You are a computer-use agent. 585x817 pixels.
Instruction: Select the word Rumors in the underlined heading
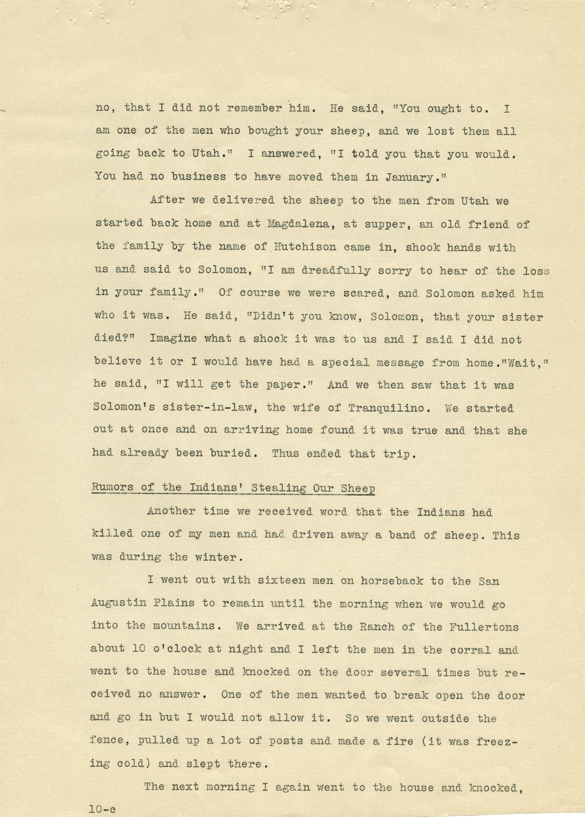point(112,488)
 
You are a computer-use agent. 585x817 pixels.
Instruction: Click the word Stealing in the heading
point(279,488)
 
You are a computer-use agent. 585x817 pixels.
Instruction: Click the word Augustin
point(118,604)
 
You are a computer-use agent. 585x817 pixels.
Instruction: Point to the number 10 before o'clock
point(139,649)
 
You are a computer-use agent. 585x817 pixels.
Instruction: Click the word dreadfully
point(337,270)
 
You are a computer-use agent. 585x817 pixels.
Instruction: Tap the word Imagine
point(173,339)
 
